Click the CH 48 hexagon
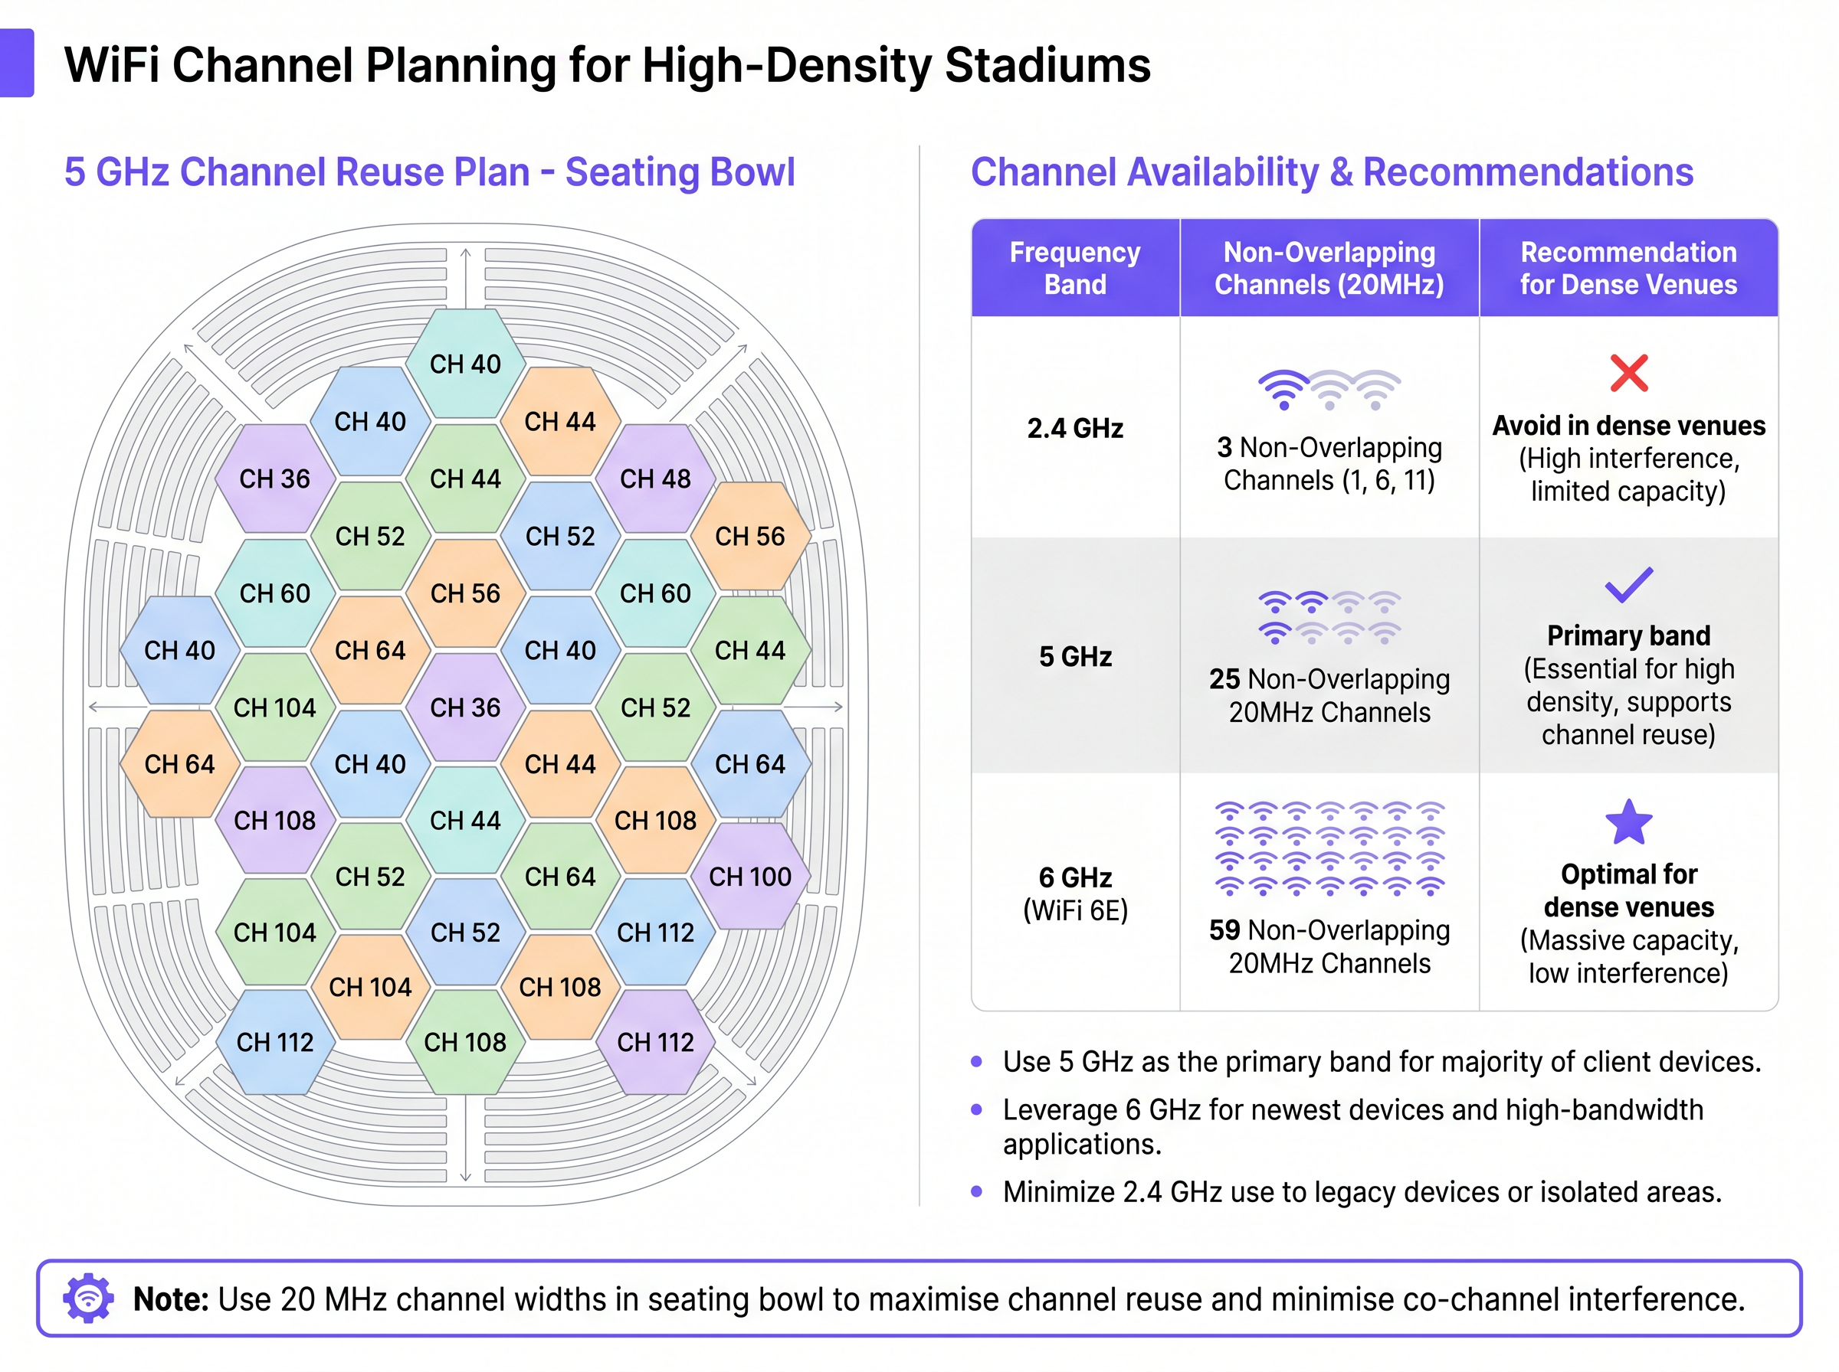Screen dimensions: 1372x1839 coord(655,479)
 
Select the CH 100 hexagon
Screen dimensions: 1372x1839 coord(749,877)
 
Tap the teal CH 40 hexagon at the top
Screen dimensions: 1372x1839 coord(465,364)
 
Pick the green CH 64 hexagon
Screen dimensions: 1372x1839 coord(560,877)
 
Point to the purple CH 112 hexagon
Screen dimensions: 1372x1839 coord(655,1042)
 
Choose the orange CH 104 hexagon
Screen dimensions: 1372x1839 coord(370,988)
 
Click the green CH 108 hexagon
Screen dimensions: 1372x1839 coord(465,1042)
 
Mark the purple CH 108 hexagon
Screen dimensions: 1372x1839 coord(274,821)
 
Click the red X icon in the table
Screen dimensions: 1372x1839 coord(1628,373)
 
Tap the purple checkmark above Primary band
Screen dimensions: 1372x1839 coord(1628,585)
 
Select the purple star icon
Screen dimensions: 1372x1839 coord(1628,822)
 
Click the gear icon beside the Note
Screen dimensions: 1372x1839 coord(88,1298)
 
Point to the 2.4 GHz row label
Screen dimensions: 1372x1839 coord(1074,429)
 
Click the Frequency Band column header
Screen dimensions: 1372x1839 coord(1074,268)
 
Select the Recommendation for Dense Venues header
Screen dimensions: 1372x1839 coord(1628,268)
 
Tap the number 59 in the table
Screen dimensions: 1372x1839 coord(1224,930)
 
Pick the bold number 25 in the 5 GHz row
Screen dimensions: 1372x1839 coord(1224,679)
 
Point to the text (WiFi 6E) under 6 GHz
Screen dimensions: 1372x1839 coord(1074,911)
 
